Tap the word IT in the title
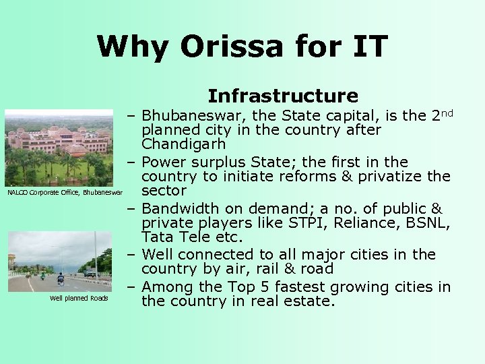368,47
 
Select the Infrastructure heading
282,96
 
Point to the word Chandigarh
183,145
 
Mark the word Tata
157,239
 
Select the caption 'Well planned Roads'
79,298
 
